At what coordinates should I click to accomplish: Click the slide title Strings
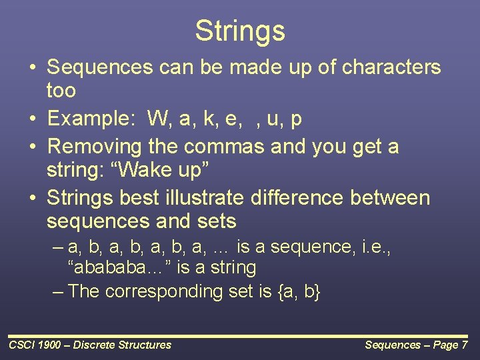pos(240,31)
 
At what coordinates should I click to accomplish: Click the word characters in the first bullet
pos(391,67)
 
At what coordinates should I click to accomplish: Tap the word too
pos(61,90)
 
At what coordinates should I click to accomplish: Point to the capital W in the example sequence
pos(157,118)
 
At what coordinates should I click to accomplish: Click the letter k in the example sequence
pos(209,118)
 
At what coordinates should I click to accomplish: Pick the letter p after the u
pos(296,120)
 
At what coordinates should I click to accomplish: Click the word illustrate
pos(205,197)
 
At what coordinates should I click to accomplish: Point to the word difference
pos(297,197)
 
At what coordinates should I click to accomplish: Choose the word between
pos(390,197)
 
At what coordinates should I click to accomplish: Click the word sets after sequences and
pos(217,221)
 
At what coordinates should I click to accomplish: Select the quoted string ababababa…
pos(119,267)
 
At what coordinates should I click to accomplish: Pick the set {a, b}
pos(299,291)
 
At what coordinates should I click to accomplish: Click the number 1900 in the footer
pos(49,345)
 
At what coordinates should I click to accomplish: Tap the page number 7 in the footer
pos(465,345)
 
